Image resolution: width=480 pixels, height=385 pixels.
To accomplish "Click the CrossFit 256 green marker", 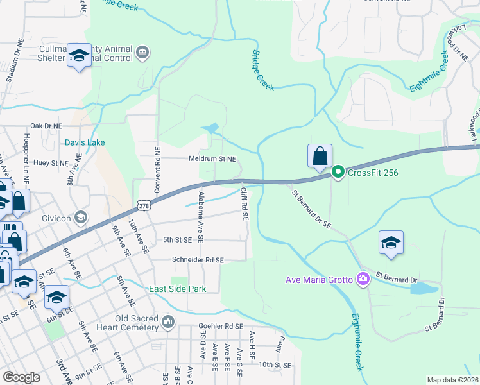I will point(338,172).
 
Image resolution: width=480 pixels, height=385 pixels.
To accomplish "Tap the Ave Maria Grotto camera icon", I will point(364,278).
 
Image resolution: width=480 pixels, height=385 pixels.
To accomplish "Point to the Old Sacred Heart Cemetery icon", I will point(168,321).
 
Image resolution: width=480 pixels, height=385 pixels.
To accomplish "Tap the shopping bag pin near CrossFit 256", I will point(320,156).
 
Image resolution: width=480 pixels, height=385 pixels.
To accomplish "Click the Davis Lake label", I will point(84,142).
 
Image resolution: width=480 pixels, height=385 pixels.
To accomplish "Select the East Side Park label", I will point(178,289).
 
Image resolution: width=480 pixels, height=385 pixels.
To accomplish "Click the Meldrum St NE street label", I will point(212,158).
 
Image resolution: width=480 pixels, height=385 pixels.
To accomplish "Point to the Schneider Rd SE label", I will point(198,260).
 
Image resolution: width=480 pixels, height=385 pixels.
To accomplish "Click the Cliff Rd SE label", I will point(244,204).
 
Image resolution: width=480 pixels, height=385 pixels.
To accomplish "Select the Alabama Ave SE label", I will point(201,216).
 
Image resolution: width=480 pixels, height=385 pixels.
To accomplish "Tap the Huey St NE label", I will point(51,164).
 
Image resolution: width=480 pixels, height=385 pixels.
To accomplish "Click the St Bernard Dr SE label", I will point(311,209).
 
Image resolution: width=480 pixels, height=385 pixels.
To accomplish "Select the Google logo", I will point(22,377).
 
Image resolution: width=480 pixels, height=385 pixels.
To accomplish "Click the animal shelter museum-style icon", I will point(142,52).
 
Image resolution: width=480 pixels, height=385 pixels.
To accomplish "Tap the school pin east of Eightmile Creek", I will point(391,243).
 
